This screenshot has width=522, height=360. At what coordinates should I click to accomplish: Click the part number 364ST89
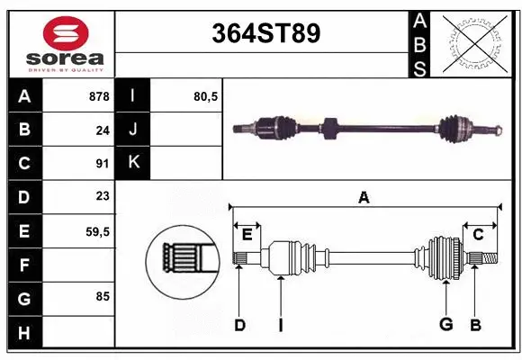coord(265,33)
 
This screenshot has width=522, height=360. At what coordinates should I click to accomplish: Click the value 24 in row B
coord(103,130)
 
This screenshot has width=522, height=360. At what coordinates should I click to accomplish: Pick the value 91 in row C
coord(103,164)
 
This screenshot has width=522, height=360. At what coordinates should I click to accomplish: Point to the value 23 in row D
coord(103,196)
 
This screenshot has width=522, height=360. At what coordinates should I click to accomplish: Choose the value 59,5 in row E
coord(97,231)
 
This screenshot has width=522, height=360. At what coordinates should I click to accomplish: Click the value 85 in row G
coord(103,294)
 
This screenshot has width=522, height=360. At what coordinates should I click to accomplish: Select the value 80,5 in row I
coord(206,95)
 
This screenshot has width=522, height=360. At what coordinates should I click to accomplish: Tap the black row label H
coord(24,333)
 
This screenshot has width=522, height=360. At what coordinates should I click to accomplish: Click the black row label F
coord(24,265)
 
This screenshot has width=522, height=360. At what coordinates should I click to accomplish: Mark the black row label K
coord(134,163)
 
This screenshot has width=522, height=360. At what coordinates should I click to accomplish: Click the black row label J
coord(134,130)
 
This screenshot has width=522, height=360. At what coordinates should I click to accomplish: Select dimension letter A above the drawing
coord(364,197)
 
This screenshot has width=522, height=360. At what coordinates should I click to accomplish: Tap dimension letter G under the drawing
coord(445,325)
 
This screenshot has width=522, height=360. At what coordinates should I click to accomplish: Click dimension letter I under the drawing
coord(280,325)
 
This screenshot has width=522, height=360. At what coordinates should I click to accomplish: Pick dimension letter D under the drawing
coord(239,325)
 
